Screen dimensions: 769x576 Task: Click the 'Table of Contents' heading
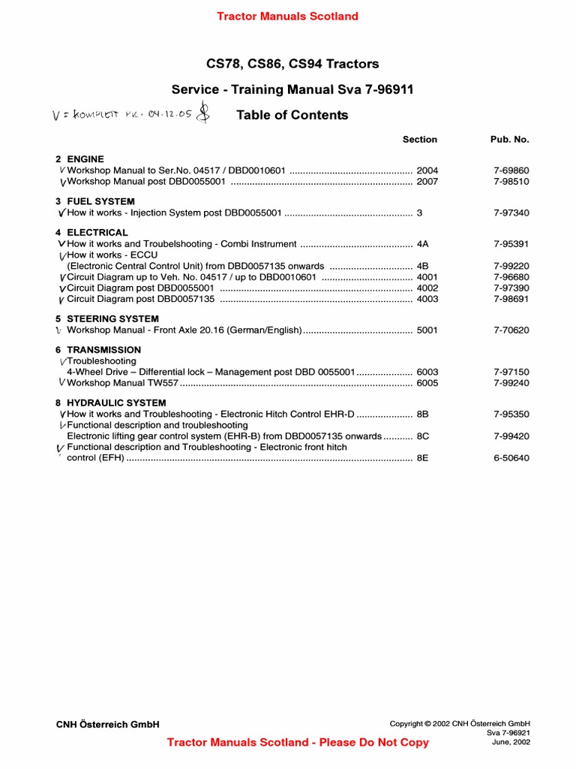292,115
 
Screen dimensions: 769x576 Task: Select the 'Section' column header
419,140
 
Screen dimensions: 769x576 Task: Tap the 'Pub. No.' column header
510,140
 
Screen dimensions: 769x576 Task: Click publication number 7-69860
511,170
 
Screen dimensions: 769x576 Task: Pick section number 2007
427,182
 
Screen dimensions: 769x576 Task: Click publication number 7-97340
511,213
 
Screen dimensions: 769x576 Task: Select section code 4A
422,244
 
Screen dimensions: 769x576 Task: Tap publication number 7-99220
511,266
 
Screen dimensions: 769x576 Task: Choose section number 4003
427,299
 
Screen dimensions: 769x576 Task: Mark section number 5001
427,330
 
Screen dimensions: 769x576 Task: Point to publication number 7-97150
511,372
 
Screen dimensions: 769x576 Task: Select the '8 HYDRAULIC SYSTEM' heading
110,403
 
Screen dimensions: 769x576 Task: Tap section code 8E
422,458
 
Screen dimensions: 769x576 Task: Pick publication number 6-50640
511,458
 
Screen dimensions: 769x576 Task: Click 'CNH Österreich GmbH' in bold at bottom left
108,725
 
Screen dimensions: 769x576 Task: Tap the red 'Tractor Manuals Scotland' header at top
287,16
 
